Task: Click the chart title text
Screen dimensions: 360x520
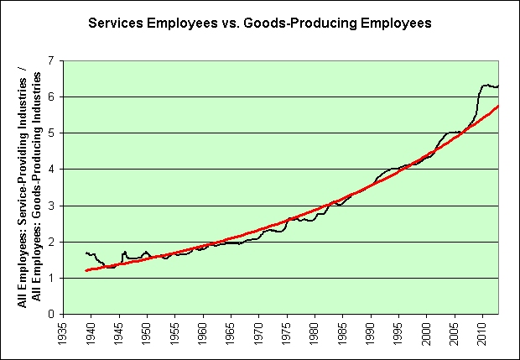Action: click(x=259, y=24)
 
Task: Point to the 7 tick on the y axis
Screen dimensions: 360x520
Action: click(x=49, y=61)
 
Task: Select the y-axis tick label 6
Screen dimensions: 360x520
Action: click(x=49, y=97)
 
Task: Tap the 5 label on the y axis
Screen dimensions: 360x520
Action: click(x=49, y=133)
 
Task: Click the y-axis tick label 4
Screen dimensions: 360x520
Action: click(x=49, y=170)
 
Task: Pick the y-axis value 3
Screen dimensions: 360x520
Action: click(x=49, y=206)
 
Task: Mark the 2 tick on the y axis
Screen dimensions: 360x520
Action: click(x=49, y=242)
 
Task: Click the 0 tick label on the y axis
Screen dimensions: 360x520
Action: click(x=49, y=314)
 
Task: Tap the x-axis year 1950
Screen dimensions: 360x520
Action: click(x=148, y=333)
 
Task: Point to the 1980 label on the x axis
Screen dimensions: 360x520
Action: click(x=315, y=333)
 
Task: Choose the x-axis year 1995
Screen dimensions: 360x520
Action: click(x=398, y=333)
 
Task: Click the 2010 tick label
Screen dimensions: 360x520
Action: click(x=482, y=333)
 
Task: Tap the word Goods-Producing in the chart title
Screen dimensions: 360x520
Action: click(x=277, y=24)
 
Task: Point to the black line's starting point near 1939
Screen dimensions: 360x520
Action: click(x=86, y=253)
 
